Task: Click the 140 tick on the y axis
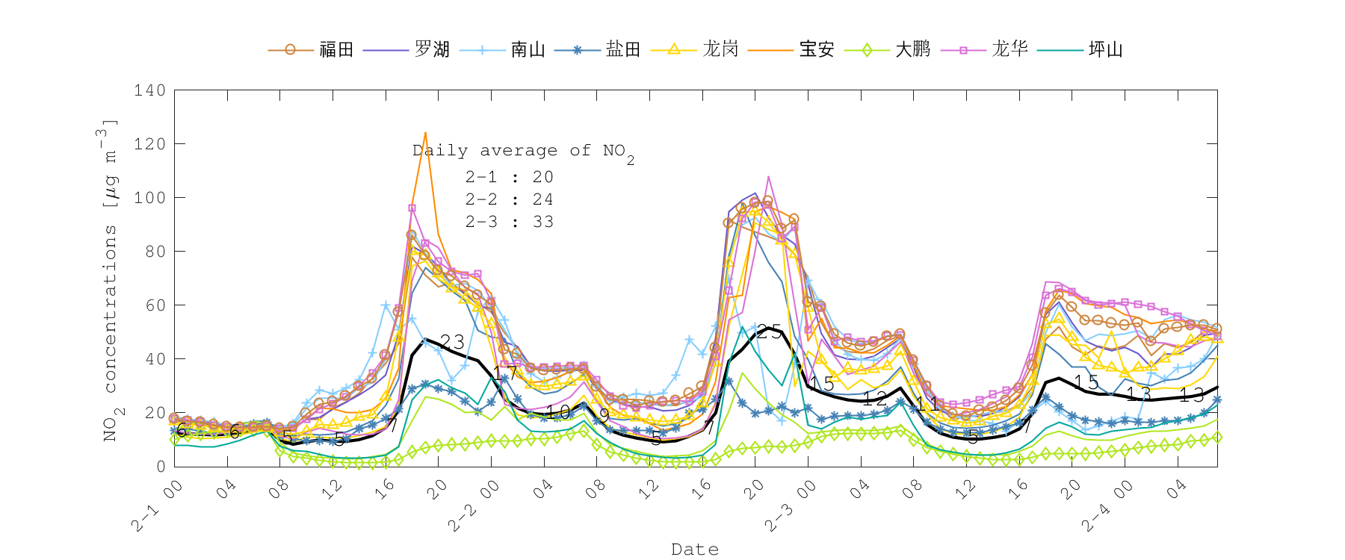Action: tap(150, 90)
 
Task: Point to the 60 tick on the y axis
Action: tap(155, 305)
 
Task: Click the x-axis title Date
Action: tap(695, 550)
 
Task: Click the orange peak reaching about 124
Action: tap(425, 134)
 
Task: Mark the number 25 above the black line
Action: tap(769, 333)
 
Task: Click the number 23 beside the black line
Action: tap(452, 342)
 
